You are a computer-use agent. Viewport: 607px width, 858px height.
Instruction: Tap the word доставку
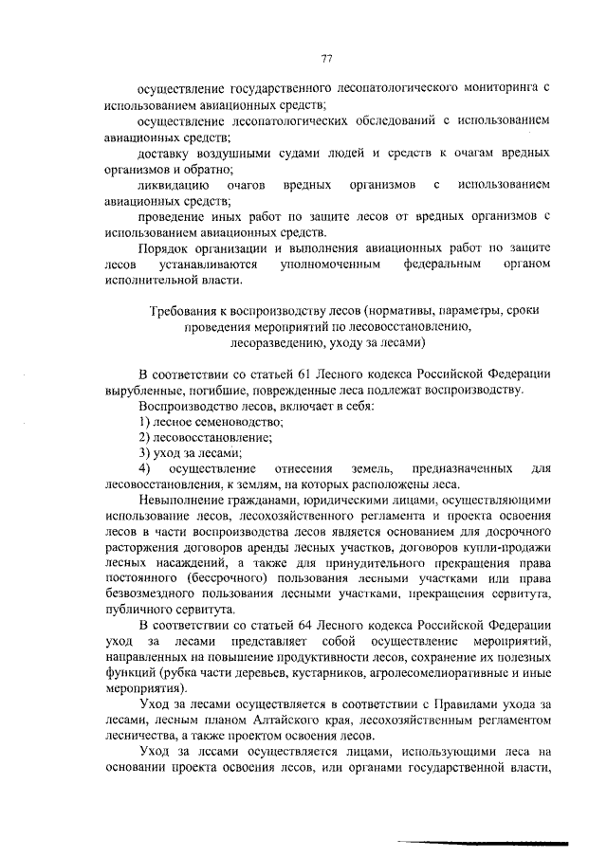pyautogui.click(x=166, y=153)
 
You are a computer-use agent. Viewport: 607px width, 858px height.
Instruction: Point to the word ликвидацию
pyautogui.click(x=173, y=185)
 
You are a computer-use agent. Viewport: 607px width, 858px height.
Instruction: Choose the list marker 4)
pyautogui.click(x=144, y=469)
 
